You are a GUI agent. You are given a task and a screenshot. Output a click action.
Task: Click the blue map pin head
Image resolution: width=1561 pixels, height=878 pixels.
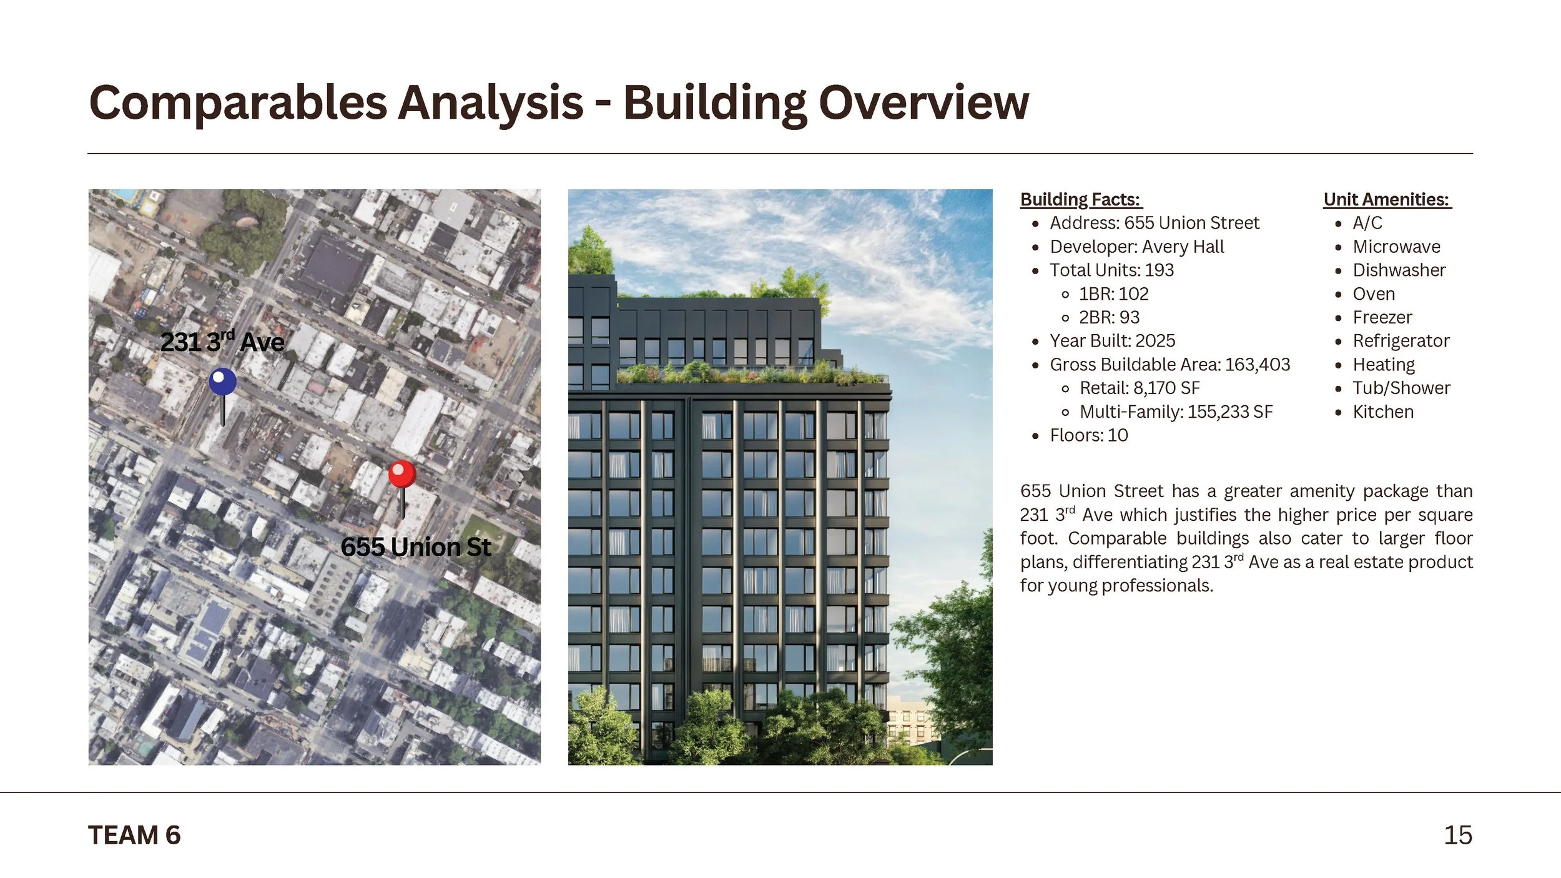[222, 382]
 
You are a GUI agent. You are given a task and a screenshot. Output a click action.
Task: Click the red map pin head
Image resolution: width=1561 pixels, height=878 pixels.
[402, 475]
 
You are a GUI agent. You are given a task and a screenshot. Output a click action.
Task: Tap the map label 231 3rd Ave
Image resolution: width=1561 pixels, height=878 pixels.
[222, 342]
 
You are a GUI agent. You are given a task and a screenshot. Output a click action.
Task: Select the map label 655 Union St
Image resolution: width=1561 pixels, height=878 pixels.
[416, 547]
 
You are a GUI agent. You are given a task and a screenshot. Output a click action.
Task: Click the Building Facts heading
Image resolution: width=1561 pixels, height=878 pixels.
[1081, 199]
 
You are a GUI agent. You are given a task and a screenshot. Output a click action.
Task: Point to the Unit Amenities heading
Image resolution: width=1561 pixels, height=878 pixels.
[1387, 199]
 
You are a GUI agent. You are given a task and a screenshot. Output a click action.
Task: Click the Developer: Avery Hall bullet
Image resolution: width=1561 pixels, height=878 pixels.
[1136, 247]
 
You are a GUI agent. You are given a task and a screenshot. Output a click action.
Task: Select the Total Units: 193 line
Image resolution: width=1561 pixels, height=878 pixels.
[1111, 270]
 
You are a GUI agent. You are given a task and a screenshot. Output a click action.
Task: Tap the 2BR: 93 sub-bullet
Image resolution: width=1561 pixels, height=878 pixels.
[1109, 317]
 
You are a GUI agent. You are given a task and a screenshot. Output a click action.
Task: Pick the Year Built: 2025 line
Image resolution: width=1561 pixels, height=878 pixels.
[1112, 341]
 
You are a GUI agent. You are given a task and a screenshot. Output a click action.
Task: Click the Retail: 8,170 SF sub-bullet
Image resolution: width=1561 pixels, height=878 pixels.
[1140, 388]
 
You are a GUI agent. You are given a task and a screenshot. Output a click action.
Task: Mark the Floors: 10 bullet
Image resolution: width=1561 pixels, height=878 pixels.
[1089, 435]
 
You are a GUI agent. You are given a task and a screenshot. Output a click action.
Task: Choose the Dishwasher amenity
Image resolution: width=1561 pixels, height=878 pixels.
[1399, 270]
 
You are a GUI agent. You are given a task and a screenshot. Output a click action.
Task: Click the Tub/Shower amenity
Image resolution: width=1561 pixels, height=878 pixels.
[1401, 388]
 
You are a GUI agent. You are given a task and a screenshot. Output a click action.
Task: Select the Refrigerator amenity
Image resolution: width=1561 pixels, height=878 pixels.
[1401, 341]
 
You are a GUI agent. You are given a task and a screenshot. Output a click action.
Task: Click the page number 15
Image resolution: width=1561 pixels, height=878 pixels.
[1457, 836]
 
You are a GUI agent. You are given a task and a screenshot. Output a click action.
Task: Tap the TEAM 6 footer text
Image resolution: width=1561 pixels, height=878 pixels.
[134, 836]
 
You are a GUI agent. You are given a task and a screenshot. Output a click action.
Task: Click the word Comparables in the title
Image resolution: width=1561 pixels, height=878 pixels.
[238, 103]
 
